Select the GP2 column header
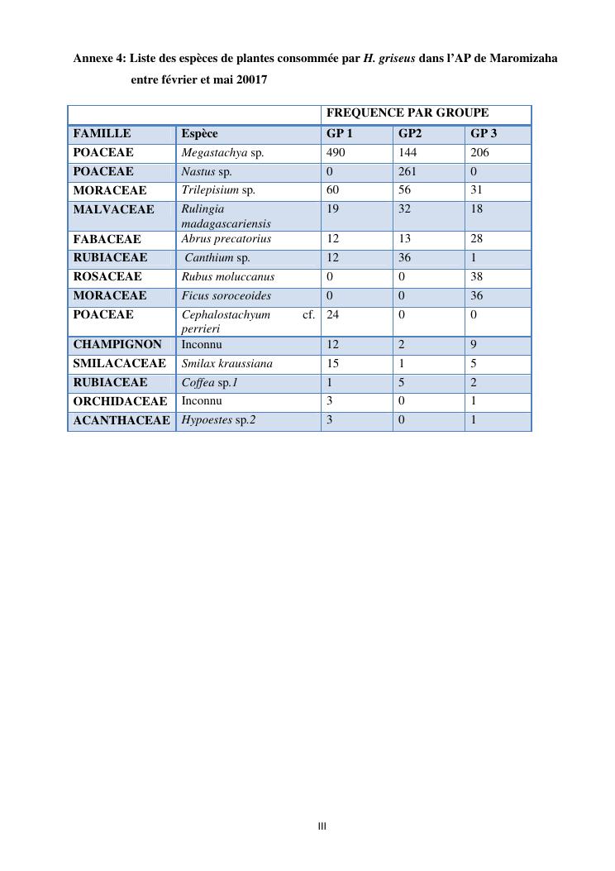click(x=410, y=134)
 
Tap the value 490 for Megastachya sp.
click(x=336, y=153)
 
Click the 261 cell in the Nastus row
click(x=408, y=172)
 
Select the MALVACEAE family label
click(x=113, y=210)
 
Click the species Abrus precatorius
click(x=226, y=239)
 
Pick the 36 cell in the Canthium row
click(x=405, y=258)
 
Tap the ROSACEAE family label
click(x=107, y=277)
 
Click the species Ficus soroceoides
click(x=226, y=296)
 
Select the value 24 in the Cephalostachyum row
click(x=333, y=315)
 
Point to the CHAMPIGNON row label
click(x=117, y=344)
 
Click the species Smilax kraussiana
click(x=226, y=363)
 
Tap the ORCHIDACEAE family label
click(x=120, y=401)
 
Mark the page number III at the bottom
click(x=322, y=826)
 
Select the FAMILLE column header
click(x=102, y=134)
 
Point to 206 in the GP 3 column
click(x=479, y=153)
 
